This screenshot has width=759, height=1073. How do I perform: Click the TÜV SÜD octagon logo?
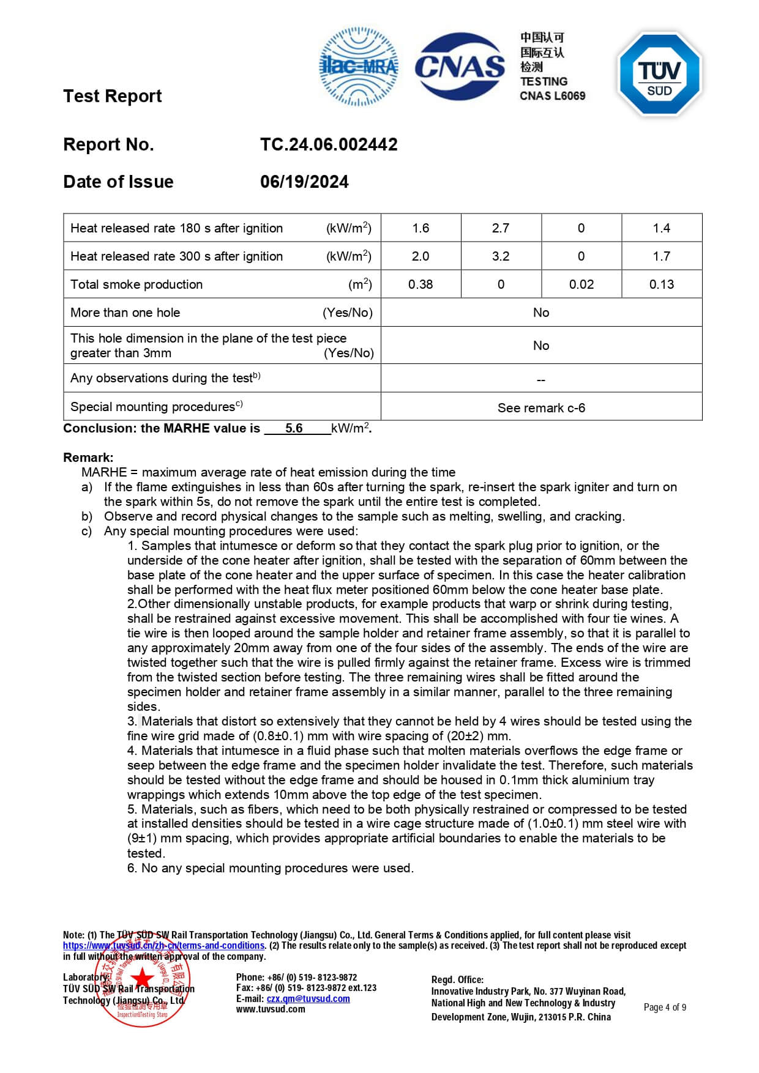click(659, 74)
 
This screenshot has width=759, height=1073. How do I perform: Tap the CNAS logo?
click(460, 66)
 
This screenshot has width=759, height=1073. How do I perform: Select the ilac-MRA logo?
click(359, 66)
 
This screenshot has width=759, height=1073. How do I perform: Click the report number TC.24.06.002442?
click(329, 144)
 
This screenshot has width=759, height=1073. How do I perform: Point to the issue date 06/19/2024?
click(304, 182)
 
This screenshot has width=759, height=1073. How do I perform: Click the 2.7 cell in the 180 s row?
click(501, 228)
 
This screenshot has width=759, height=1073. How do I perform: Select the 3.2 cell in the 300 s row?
click(501, 256)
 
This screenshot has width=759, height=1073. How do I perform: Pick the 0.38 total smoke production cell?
click(421, 284)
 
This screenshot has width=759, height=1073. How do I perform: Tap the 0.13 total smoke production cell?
click(662, 284)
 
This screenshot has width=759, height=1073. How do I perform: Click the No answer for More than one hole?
click(541, 313)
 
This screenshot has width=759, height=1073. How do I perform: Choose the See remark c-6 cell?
click(541, 407)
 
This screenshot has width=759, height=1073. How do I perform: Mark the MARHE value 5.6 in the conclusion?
click(294, 428)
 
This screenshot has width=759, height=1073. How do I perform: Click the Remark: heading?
click(88, 458)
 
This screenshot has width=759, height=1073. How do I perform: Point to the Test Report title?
click(113, 96)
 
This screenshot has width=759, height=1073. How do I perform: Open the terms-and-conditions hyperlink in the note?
click(164, 945)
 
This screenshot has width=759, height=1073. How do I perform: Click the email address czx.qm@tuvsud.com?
click(308, 998)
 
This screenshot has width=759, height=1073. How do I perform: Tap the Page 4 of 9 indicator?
click(665, 1007)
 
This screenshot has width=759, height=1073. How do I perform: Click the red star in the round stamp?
click(143, 977)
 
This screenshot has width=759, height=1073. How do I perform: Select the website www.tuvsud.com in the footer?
click(271, 1009)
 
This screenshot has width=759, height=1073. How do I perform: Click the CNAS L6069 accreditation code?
click(552, 95)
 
